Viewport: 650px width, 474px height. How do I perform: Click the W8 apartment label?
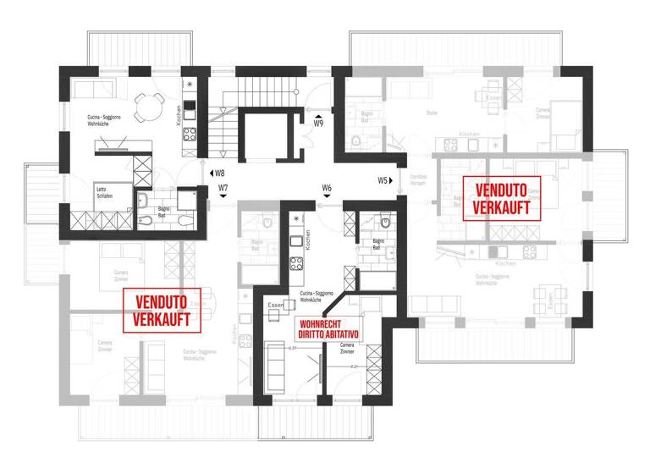point(219,173)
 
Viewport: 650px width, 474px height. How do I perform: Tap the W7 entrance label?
point(223,187)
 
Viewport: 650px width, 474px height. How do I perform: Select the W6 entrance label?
point(326,187)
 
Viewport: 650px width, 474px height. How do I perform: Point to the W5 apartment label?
point(383,180)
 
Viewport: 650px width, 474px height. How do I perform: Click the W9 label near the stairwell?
point(318,124)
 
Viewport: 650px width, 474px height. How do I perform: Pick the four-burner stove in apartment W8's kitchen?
point(190,133)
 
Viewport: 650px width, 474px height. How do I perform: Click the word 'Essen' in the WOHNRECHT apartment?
point(274,305)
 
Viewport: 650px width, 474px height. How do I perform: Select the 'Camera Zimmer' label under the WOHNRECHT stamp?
point(347,348)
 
